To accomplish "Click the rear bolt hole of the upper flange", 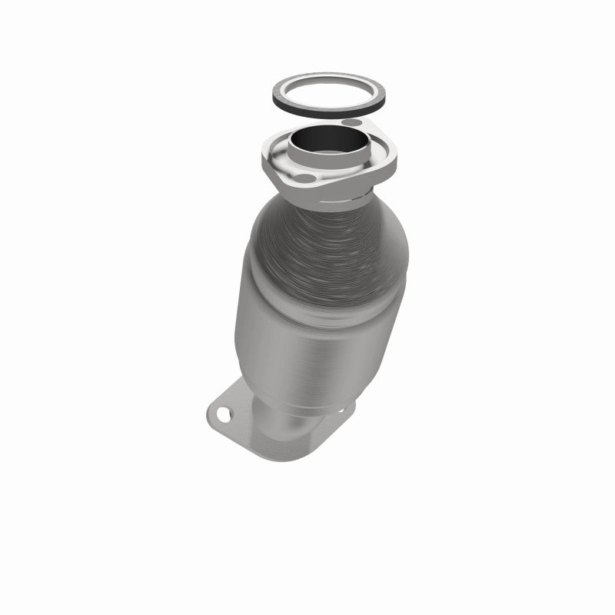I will (x=351, y=123).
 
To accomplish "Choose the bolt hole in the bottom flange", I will (x=223, y=416).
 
